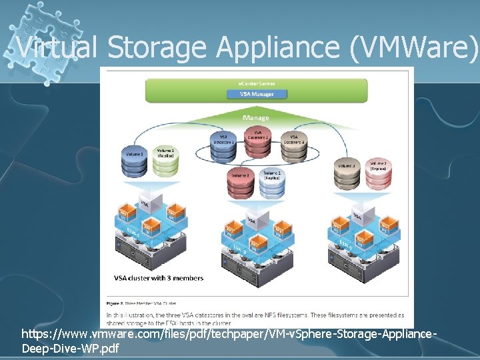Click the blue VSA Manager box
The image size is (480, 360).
click(257, 94)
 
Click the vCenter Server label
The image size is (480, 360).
click(257, 83)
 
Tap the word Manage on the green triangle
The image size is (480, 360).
click(256, 118)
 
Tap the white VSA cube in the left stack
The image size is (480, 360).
click(144, 201)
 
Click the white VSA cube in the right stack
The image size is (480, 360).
click(358, 215)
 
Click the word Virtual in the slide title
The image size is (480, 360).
click(55, 47)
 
